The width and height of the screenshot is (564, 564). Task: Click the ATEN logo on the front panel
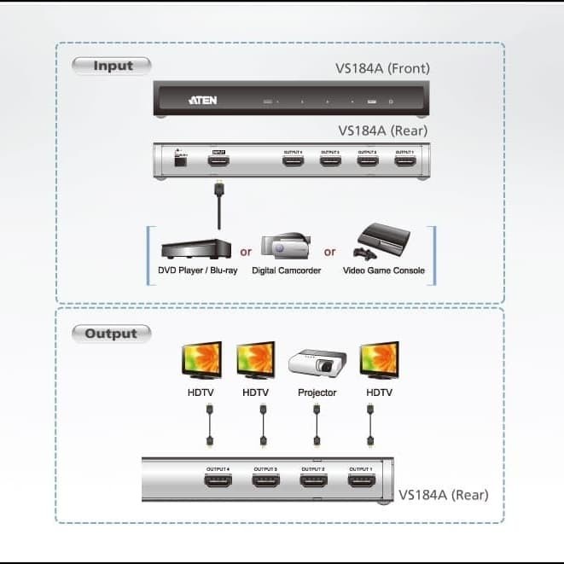coord(203,101)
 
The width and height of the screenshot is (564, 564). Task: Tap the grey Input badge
coord(112,66)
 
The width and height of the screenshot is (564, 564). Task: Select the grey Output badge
coord(111,334)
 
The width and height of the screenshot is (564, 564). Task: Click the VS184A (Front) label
coord(384,68)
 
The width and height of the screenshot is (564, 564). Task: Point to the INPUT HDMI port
coord(220,161)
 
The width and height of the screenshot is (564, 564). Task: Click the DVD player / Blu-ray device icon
coord(195,246)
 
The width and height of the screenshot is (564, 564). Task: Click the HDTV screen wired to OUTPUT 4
coord(201,360)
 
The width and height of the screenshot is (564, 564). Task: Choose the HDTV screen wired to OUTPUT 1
coord(379,360)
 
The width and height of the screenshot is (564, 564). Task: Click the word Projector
coord(317,392)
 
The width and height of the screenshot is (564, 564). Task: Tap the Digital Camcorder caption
coord(286,270)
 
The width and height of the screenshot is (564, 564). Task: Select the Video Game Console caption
coord(383,270)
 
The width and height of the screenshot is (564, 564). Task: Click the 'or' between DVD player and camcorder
coord(246,252)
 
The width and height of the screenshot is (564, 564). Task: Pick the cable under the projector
coord(317,424)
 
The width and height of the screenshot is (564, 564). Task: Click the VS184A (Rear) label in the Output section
coord(444,494)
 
